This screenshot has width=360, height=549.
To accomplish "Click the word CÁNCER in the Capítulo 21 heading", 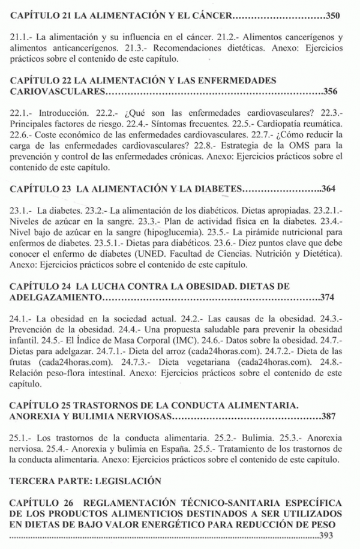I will point(209,15).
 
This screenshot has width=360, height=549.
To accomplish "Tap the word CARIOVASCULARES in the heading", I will point(58,92).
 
